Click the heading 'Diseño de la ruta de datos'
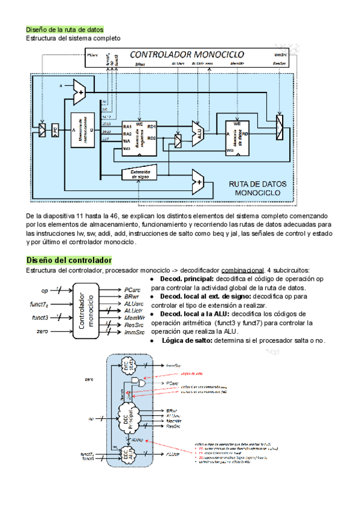[x=64, y=29]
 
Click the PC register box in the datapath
[x=55, y=130]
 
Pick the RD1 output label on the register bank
[x=151, y=127]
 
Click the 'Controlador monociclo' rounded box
[x=85, y=312]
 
